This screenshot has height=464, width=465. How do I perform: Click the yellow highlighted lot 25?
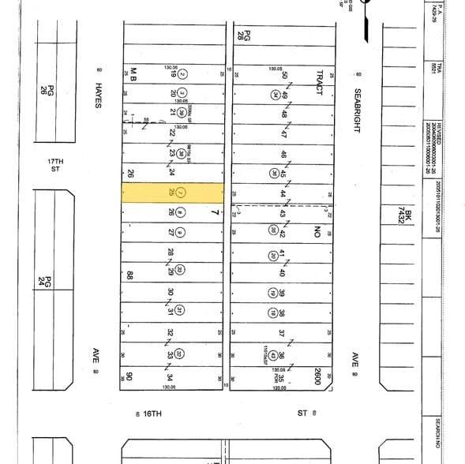(171, 193)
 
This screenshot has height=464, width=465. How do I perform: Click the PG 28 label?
(246, 35)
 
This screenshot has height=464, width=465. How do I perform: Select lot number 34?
(171, 377)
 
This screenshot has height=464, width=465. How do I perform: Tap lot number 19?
(171, 75)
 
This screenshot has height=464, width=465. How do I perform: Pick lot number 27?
(171, 232)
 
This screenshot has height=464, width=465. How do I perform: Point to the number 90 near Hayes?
(126, 377)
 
